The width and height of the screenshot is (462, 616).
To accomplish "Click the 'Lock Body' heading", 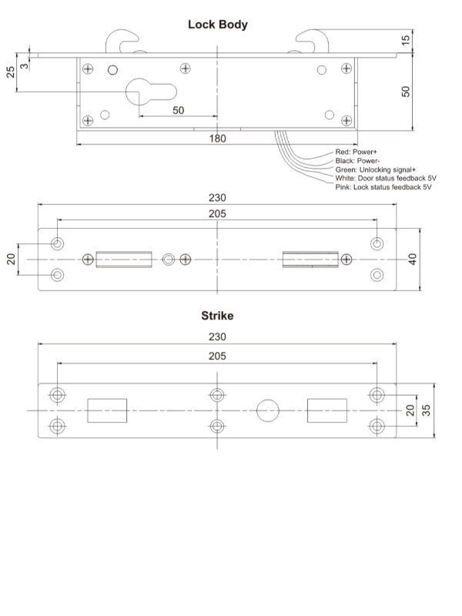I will pyautogui.click(x=218, y=25).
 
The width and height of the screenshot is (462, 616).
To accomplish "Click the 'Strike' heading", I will pyautogui.click(x=217, y=316).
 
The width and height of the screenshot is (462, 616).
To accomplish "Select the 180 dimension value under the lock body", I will pyautogui.click(x=218, y=138).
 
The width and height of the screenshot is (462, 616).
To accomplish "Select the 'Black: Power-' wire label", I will pyautogui.click(x=357, y=161).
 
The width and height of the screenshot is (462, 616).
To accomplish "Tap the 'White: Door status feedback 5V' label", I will pyautogui.click(x=386, y=178).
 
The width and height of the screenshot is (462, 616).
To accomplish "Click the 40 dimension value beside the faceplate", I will pyautogui.click(x=413, y=259).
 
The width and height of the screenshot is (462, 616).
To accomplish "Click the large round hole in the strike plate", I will pyautogui.click(x=268, y=410).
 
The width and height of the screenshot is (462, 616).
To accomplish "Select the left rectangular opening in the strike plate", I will pyautogui.click(x=107, y=410).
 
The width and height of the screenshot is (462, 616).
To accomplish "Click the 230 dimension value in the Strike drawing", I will pyautogui.click(x=217, y=336).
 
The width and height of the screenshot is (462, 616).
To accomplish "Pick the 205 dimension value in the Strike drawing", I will pyautogui.click(x=217, y=357).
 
